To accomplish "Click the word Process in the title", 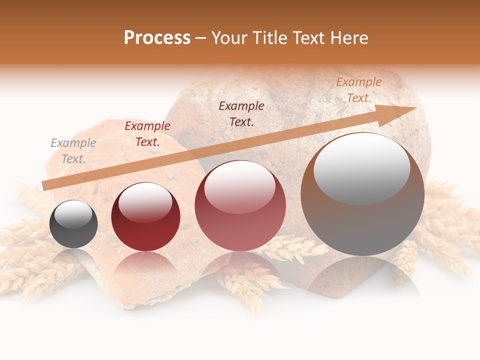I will (x=157, y=37).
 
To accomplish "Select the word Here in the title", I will (x=348, y=37).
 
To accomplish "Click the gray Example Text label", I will (x=73, y=151).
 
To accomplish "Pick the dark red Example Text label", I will (x=147, y=134).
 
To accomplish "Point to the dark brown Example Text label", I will (x=241, y=114).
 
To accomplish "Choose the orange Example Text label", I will (x=359, y=90).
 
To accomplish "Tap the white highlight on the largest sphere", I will (x=361, y=167).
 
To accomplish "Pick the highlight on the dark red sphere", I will (x=145, y=201).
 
